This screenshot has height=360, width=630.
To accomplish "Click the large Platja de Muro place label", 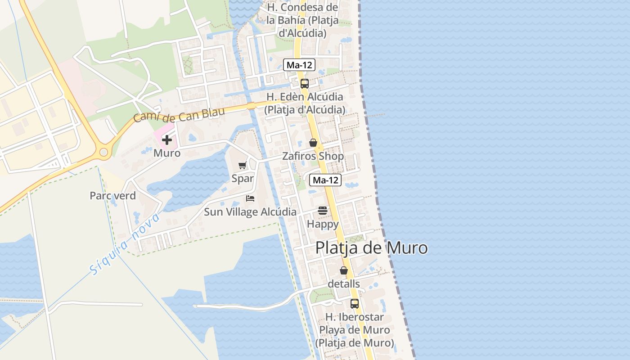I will (x=371, y=248).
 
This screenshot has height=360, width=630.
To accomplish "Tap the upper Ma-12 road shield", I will (x=299, y=65).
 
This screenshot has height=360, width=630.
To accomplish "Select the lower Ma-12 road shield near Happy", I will (x=325, y=180).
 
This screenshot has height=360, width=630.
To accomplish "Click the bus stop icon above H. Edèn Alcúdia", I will (x=305, y=83).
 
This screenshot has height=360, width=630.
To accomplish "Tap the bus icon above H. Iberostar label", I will (x=355, y=303).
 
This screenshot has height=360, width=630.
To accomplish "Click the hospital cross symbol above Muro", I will (x=167, y=139).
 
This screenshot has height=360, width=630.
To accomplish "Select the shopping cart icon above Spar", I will (x=243, y=165).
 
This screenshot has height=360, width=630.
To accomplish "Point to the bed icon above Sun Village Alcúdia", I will (x=250, y=198).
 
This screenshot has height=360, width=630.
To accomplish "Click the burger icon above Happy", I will (x=323, y=210).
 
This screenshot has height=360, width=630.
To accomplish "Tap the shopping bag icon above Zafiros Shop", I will (x=313, y=143).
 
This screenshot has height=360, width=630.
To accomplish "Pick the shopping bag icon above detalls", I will (x=344, y=270).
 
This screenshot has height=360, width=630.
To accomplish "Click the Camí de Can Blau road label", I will (x=179, y=115).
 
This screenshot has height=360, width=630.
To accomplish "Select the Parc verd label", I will (x=112, y=196).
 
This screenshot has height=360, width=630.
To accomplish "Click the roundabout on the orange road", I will (x=104, y=153).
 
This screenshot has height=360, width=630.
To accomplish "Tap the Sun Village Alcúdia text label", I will (x=250, y=212).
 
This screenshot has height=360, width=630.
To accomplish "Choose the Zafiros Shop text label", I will (x=313, y=156).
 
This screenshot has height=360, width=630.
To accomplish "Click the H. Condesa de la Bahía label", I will (x=302, y=20).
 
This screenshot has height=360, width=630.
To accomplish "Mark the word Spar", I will (x=243, y=178).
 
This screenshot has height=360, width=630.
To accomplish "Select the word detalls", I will (x=344, y=284).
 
